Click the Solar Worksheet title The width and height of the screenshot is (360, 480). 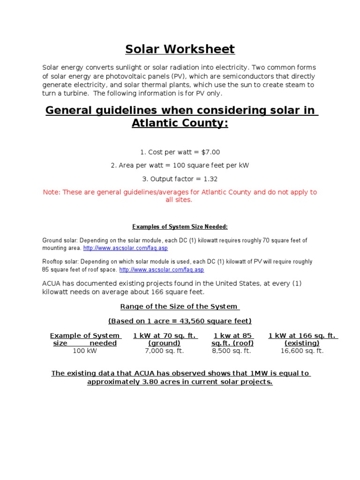180,49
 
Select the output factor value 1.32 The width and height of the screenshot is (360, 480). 210,179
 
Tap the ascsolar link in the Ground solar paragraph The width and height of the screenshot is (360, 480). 125,248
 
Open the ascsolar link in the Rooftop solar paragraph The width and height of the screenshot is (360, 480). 162,270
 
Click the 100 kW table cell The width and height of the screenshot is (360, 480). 85,351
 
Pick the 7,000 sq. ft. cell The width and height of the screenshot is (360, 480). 165,351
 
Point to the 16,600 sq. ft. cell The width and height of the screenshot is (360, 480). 302,351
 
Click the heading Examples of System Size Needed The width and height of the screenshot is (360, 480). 180,227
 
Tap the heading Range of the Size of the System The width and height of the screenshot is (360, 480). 180,307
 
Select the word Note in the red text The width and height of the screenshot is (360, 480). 51,192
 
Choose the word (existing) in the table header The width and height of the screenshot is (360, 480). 302,343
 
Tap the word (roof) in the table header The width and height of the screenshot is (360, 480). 243,343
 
